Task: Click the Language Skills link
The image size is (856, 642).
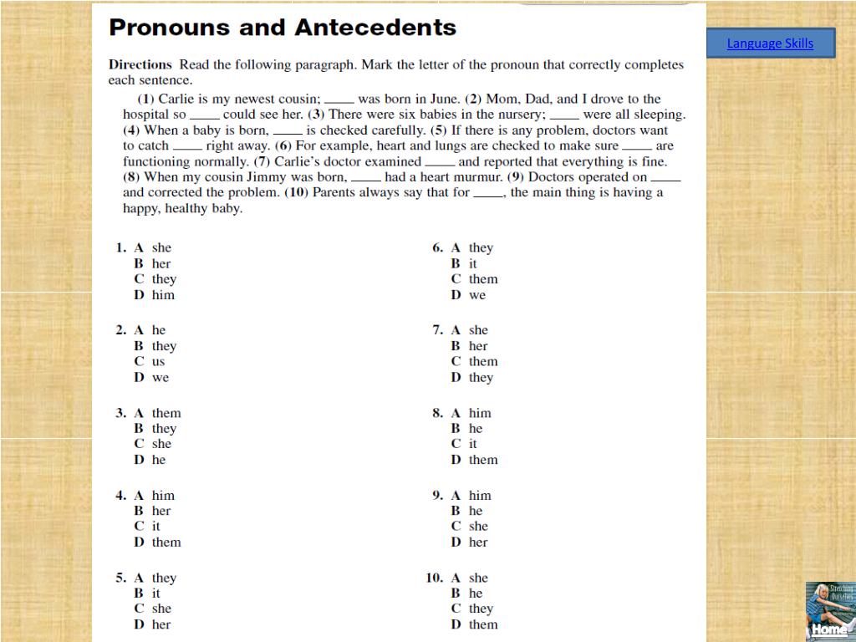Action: coord(770,43)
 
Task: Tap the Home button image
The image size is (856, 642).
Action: coord(829,611)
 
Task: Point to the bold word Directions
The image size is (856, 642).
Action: coord(140,64)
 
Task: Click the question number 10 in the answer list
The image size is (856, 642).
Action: coord(434,578)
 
